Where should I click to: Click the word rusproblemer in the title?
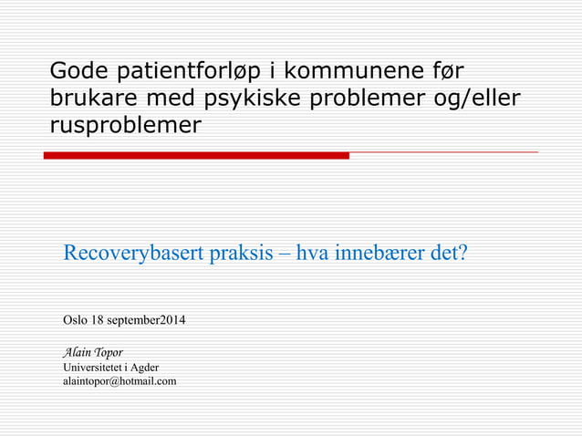coord(125,126)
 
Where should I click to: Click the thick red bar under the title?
coord(196,156)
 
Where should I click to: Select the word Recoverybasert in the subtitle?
coord(133,253)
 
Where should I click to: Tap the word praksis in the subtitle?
coord(241,253)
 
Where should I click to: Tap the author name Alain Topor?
coord(92,352)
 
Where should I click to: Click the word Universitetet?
coord(94,367)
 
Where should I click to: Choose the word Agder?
coord(144,367)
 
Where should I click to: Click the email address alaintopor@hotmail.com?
coord(120,380)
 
